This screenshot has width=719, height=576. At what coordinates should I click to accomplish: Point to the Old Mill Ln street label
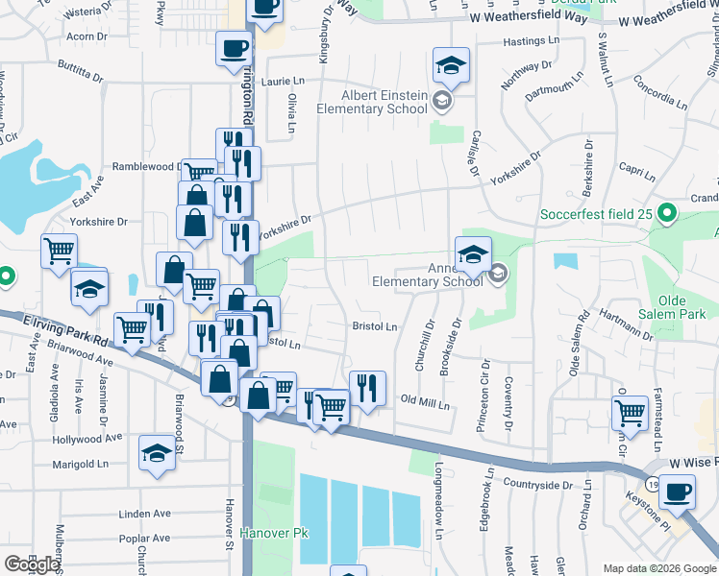pyautogui.click(x=425, y=402)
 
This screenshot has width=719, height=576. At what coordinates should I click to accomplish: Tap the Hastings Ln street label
pyautogui.click(x=531, y=42)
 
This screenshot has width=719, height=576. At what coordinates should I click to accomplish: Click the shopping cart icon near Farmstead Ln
pyautogui.click(x=630, y=414)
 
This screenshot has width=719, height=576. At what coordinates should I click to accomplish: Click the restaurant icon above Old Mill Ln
pyautogui.click(x=367, y=388)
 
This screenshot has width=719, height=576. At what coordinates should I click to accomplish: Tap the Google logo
pyautogui.click(x=32, y=564)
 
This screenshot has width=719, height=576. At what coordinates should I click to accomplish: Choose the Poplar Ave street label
pyautogui.click(x=144, y=539)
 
